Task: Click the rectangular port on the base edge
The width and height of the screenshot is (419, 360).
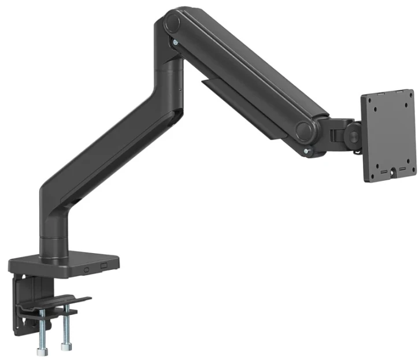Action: point(104,266)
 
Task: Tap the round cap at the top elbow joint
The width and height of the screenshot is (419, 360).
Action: point(172,23)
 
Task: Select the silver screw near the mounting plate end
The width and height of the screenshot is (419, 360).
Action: point(307,151)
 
